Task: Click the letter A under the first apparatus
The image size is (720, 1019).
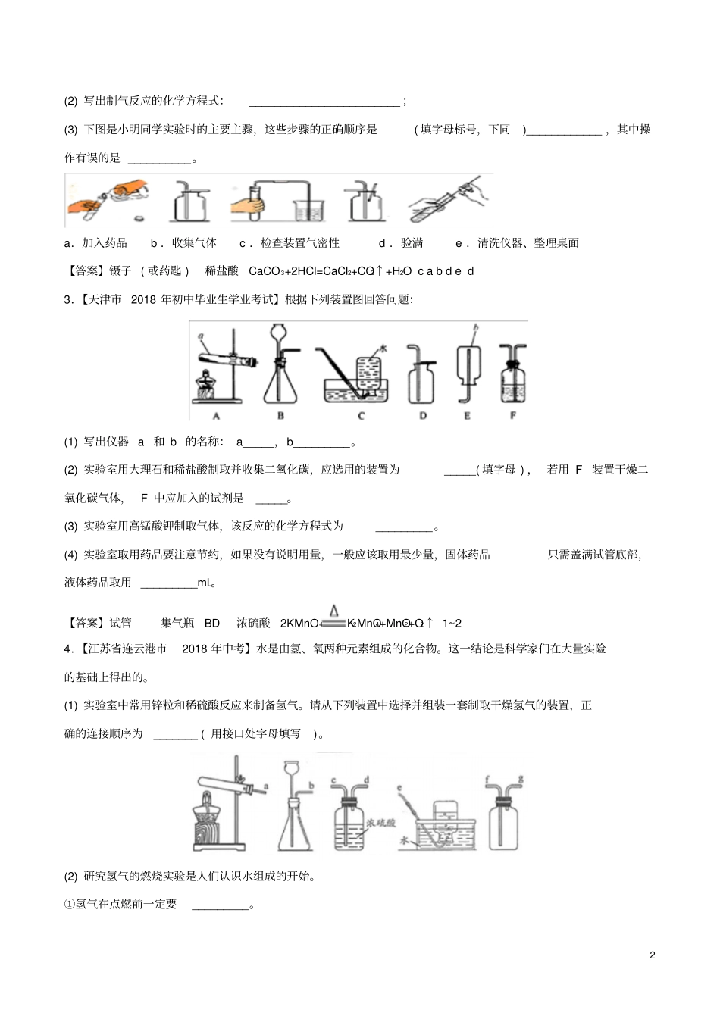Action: tap(216, 416)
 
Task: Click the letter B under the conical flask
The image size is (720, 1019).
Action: tap(280, 416)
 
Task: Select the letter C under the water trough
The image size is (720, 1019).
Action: tap(361, 416)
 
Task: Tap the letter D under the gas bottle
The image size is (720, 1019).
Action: tap(423, 416)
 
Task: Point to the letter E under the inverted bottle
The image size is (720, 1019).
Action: tap(467, 416)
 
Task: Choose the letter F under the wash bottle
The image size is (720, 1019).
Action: tap(512, 416)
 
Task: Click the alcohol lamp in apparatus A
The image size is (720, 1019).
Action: tap(204, 386)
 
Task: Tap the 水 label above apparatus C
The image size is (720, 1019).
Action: tap(383, 348)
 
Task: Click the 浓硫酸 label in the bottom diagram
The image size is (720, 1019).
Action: tap(381, 823)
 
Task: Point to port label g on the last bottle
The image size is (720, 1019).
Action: tap(521, 779)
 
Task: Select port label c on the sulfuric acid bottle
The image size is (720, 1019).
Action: tap(334, 780)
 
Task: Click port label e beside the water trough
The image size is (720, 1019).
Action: tap(399, 789)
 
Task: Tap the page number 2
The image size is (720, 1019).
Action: tap(653, 955)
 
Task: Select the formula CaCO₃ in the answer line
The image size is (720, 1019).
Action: tap(267, 271)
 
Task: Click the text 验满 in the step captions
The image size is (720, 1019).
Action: tap(412, 243)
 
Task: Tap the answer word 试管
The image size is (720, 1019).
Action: tap(121, 623)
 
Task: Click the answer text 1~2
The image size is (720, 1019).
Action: tap(452, 623)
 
